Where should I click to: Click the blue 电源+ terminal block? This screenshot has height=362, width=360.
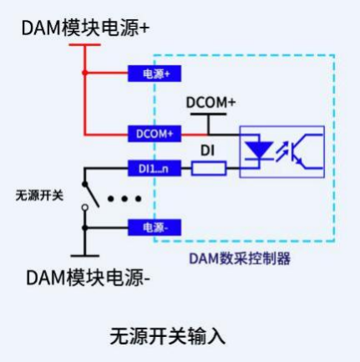(155, 74)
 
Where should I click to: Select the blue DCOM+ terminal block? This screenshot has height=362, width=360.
(155, 134)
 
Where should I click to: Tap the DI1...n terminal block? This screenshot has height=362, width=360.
(155, 168)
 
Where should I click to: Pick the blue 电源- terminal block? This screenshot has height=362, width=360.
(155, 227)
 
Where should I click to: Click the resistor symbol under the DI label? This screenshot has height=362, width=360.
(209, 168)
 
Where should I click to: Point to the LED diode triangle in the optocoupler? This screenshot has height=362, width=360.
(258, 150)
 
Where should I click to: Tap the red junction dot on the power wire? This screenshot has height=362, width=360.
(85, 73)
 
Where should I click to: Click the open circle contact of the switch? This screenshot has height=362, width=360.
(85, 207)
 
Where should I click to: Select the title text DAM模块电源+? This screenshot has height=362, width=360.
(85, 28)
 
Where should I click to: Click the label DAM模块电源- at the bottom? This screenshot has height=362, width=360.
(88, 278)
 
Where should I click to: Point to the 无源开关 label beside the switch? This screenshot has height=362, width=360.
(39, 196)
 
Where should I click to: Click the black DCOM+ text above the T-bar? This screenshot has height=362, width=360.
(210, 103)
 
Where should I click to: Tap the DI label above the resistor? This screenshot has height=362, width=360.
(207, 150)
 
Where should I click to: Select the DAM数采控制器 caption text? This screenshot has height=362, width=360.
(240, 258)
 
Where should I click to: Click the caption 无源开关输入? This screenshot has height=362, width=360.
(167, 336)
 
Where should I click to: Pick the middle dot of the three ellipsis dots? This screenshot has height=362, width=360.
(124, 199)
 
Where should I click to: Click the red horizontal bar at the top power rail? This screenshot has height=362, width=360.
(84, 44)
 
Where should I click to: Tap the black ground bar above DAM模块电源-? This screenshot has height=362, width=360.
(85, 256)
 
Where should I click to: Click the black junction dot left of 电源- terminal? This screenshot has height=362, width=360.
(85, 228)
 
